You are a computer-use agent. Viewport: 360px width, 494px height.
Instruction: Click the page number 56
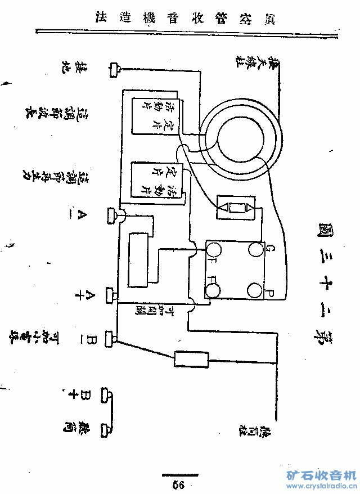[x=179, y=484]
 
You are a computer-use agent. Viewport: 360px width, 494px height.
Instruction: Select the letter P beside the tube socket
[x=269, y=293]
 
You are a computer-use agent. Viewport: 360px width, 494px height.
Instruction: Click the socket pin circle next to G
[x=255, y=249]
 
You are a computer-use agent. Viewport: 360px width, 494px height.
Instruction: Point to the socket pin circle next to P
[x=254, y=290]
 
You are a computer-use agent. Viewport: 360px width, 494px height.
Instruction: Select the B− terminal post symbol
[x=111, y=339]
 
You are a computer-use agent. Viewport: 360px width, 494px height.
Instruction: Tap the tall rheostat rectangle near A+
[x=137, y=259]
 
